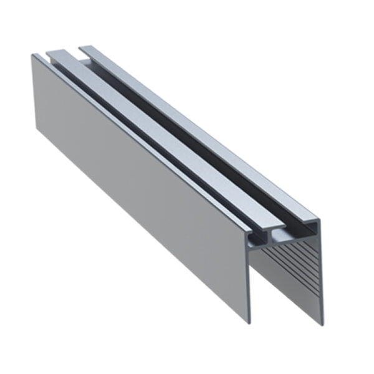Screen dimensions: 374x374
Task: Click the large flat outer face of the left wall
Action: click(x=137, y=187)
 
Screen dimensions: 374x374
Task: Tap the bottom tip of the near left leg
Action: click(x=249, y=322)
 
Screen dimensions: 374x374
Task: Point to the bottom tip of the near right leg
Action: click(x=322, y=324)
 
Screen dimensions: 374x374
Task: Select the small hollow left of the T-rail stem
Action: click(x=254, y=238)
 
